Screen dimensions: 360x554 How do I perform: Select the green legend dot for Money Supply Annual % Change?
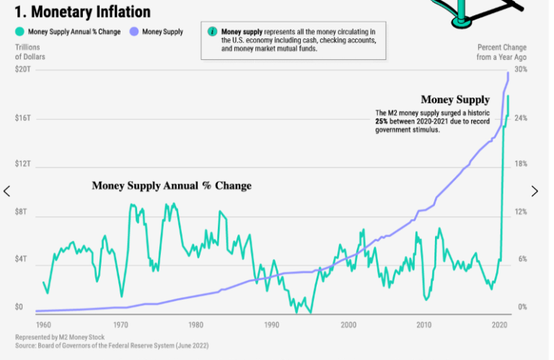click(19, 32)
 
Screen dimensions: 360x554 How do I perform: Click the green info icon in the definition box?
click(211, 32)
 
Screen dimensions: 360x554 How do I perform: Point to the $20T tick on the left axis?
click(23, 69)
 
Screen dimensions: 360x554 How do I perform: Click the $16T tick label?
click(23, 118)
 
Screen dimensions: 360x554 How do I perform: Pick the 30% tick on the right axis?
click(521, 69)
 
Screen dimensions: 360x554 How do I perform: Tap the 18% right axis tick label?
click(521, 164)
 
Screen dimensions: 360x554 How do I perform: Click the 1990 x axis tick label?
click(271, 325)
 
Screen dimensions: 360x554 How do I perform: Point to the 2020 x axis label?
click(498, 325)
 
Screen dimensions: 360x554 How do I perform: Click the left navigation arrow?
click(7, 191)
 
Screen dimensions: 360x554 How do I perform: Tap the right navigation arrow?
click(535, 191)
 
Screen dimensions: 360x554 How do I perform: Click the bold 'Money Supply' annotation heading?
click(455, 100)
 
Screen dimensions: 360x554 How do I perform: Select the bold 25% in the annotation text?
click(382, 122)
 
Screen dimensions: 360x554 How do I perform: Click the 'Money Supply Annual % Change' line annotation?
click(172, 186)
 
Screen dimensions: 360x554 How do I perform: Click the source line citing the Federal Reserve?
click(112, 346)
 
